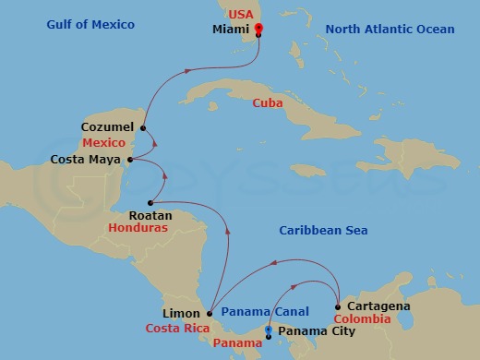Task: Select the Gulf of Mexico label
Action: (90, 24)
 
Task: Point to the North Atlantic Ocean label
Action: (390, 30)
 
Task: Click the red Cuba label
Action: (268, 102)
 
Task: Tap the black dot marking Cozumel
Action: (143, 127)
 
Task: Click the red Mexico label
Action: (102, 144)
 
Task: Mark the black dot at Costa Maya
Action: (130, 161)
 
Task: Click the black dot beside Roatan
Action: (150, 202)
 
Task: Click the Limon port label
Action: (180, 314)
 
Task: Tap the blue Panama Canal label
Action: (264, 313)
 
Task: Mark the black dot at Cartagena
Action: (339, 306)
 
